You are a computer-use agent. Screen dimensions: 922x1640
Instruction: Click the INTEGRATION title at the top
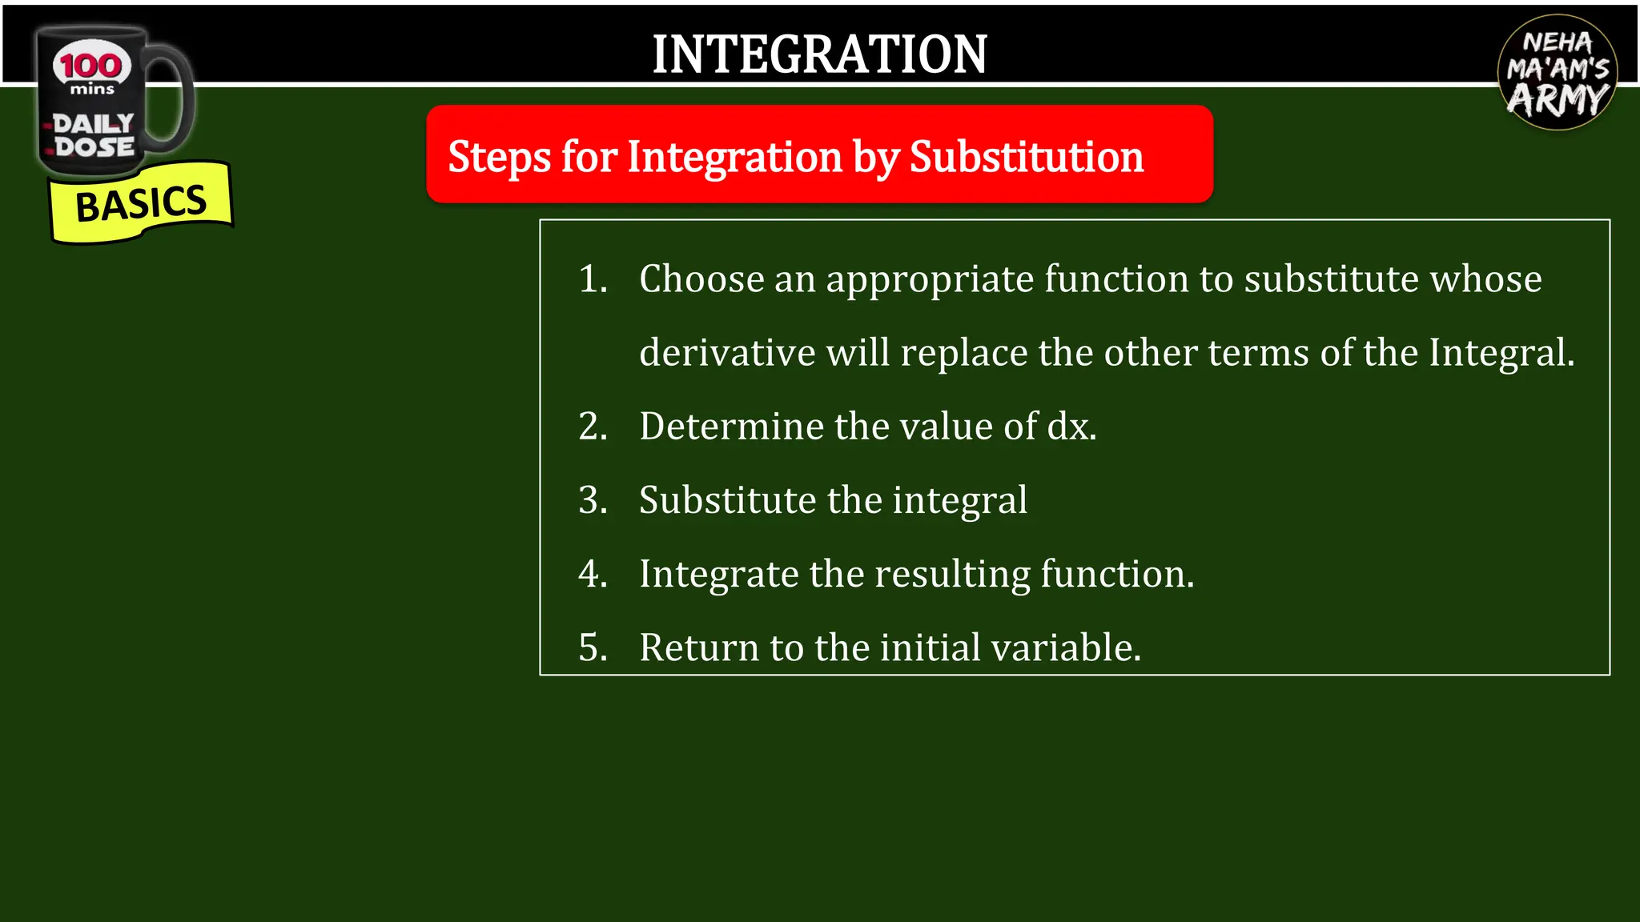tap(819, 54)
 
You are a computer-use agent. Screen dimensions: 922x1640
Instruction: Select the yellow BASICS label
tap(141, 203)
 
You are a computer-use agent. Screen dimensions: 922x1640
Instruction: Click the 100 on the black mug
tap(91, 66)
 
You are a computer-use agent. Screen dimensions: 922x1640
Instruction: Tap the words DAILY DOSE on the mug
tap(94, 135)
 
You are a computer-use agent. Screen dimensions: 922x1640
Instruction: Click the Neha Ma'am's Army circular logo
tap(1557, 74)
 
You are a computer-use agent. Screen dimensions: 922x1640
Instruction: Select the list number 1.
tap(593, 279)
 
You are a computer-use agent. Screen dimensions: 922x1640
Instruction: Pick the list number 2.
tap(593, 427)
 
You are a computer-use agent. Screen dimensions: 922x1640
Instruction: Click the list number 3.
tap(593, 500)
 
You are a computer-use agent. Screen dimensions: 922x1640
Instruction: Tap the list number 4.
tap(593, 574)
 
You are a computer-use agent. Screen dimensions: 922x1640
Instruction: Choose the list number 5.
tap(593, 647)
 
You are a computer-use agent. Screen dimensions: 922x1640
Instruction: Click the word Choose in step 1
tap(701, 279)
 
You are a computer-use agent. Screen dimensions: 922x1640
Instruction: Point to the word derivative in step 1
tap(727, 353)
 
